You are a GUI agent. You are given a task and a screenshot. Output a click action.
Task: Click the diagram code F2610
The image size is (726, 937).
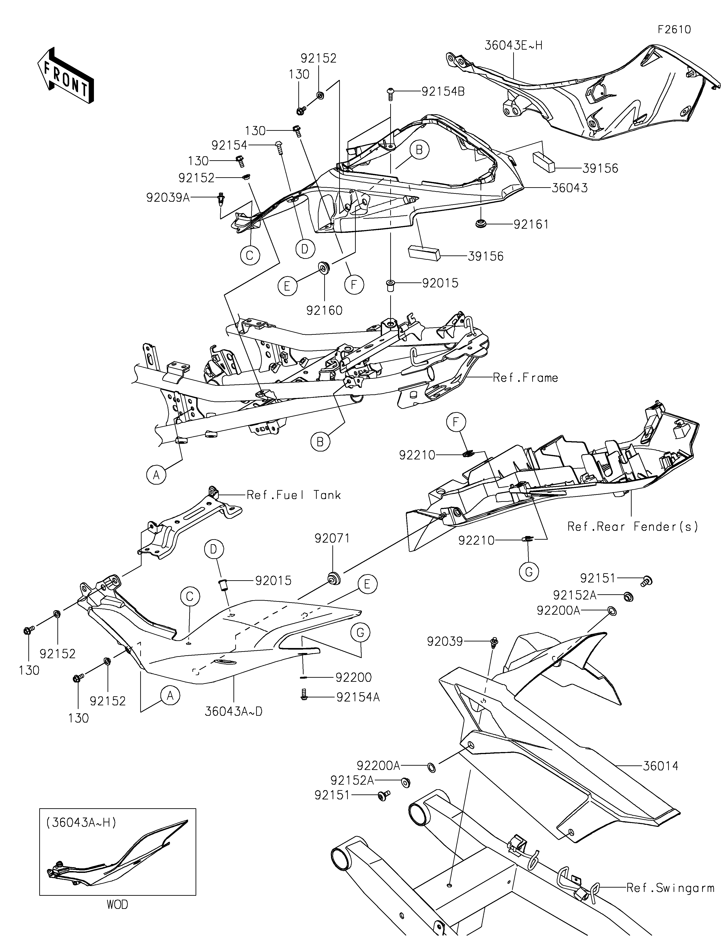pos(674,30)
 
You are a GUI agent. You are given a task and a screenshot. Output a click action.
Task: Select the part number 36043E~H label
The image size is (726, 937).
pos(513,46)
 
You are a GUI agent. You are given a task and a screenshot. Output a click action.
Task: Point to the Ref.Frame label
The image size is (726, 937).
pos(525,378)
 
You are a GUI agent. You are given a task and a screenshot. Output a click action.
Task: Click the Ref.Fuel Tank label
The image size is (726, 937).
pos(294,495)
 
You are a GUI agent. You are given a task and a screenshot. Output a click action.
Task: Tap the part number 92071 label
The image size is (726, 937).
pos(332,538)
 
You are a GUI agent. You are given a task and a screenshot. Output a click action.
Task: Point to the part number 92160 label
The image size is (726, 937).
pos(325,310)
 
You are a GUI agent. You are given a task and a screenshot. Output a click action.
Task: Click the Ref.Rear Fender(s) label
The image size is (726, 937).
pos(633,527)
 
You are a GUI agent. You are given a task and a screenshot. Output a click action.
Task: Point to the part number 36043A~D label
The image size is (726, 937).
pos(233,711)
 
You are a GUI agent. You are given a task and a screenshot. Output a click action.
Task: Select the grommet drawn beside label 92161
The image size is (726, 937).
pos(481,223)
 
